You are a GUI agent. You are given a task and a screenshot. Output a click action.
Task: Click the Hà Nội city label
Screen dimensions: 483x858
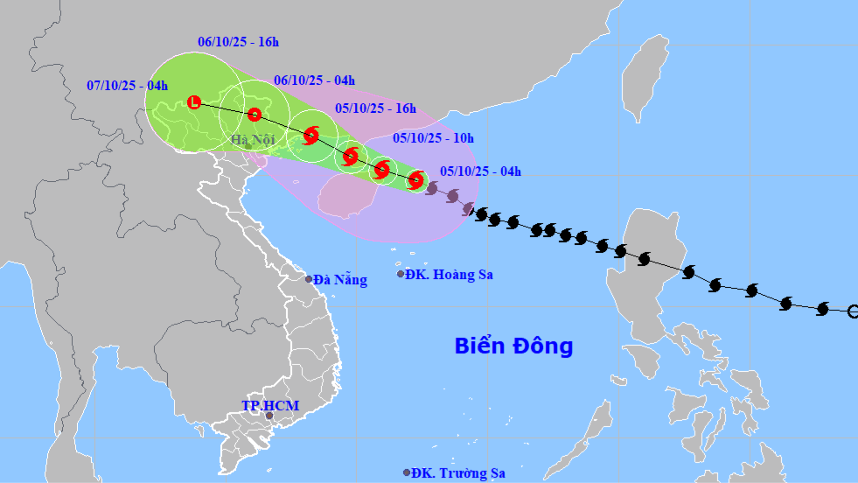coord(253,140)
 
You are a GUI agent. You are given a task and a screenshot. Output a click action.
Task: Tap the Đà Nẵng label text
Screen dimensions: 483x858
coord(340,280)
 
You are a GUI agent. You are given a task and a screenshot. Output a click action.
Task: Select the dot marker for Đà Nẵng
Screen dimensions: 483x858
coord(309,279)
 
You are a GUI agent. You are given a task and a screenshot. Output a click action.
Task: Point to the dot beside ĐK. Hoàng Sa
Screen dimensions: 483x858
coord(401,274)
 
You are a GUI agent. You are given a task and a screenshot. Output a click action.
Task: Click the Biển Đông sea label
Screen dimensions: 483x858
coord(513,346)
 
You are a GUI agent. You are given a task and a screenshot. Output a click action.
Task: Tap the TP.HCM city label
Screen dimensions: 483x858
coord(270,406)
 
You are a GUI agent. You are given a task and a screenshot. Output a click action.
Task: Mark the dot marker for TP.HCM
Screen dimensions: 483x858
coord(269,416)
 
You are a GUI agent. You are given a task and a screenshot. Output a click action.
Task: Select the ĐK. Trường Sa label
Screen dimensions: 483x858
coord(458,472)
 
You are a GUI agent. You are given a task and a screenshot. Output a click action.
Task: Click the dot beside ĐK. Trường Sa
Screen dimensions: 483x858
coord(407,472)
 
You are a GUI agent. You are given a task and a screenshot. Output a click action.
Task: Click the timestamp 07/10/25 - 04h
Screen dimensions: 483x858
coord(128,85)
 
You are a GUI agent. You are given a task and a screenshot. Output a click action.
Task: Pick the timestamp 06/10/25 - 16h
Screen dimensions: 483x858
coord(238,41)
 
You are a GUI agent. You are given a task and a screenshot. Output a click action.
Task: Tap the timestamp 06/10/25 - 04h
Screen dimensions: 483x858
coord(314,80)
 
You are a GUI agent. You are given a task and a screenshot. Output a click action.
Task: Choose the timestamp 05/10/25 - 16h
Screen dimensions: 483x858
coord(375,109)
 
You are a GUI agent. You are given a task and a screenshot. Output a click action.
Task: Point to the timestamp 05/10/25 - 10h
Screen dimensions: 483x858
coord(433,137)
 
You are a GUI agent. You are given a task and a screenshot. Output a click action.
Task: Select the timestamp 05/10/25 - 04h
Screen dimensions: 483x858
coord(480,171)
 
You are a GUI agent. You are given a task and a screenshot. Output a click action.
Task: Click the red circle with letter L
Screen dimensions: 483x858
coord(194,102)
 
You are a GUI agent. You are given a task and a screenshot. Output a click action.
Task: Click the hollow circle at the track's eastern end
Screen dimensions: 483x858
coord(854,311)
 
